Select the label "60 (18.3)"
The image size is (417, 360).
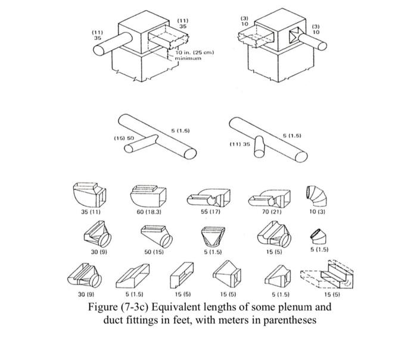[149, 211]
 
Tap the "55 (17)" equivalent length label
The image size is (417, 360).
[209, 211]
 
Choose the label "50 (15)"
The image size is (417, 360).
[154, 252]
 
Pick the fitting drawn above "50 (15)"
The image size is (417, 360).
[156, 236]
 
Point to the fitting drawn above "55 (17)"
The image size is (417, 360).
[208, 196]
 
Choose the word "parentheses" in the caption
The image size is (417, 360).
[287, 321]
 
